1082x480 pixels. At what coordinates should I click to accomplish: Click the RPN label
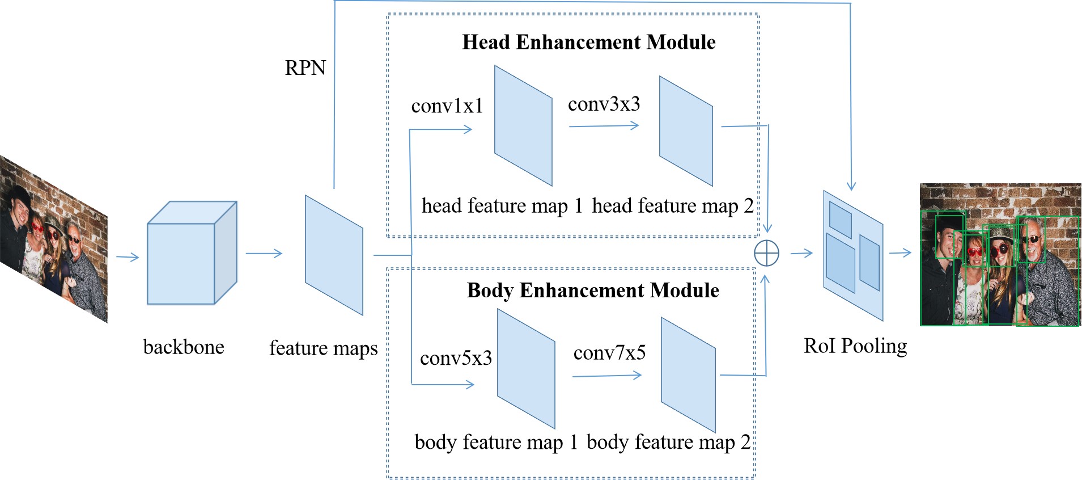click(305, 68)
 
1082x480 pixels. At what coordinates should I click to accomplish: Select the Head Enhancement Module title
click(588, 42)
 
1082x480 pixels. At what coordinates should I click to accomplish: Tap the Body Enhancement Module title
click(592, 290)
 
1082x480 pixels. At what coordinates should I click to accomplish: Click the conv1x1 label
click(447, 106)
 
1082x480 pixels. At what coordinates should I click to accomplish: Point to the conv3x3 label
click(604, 104)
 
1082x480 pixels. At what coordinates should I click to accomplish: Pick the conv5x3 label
click(456, 358)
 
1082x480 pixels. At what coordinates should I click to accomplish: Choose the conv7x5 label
click(609, 353)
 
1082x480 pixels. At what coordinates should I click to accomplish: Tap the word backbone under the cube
click(184, 347)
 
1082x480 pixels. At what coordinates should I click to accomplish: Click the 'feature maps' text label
click(323, 348)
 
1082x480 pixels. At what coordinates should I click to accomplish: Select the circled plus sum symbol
click(766, 253)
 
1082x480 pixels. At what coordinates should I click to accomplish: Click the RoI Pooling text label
click(855, 346)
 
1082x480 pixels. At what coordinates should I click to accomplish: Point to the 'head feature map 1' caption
click(502, 205)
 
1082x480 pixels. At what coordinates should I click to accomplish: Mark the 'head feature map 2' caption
click(672, 205)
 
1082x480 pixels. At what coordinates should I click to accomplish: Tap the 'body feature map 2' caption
click(668, 442)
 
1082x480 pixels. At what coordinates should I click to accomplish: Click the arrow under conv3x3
click(604, 126)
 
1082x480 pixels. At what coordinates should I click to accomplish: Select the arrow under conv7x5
click(606, 376)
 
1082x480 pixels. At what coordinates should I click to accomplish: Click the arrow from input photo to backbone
click(128, 258)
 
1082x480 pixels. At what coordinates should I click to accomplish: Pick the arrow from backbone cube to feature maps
click(264, 253)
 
